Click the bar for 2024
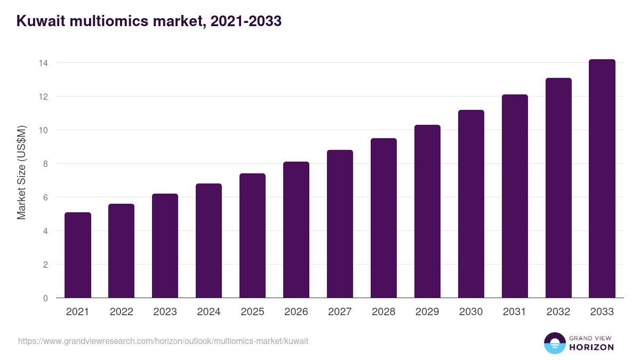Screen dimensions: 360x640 pyautogui.click(x=209, y=241)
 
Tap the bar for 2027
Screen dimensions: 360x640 pyautogui.click(x=340, y=224)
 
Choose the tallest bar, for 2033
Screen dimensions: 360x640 pyautogui.click(x=602, y=179)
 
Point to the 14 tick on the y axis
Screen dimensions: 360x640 pyautogui.click(x=43, y=63)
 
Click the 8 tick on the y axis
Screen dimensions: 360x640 pyautogui.click(x=45, y=164)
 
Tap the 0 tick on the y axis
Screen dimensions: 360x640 pyautogui.click(x=45, y=298)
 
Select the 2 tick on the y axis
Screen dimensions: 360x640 pyautogui.click(x=45, y=265)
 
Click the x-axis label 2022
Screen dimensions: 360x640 pyautogui.click(x=121, y=312)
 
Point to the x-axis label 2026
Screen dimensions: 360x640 pyautogui.click(x=296, y=312)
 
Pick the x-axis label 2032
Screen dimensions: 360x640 pyautogui.click(x=558, y=312)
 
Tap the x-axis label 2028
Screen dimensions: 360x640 pyautogui.click(x=383, y=312)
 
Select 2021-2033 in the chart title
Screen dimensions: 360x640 pyautogui.click(x=246, y=22)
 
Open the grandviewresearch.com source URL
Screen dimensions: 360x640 pyautogui.click(x=163, y=341)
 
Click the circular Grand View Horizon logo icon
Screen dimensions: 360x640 pyautogui.click(x=555, y=343)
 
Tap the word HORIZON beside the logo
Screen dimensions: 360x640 pyautogui.click(x=591, y=347)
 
